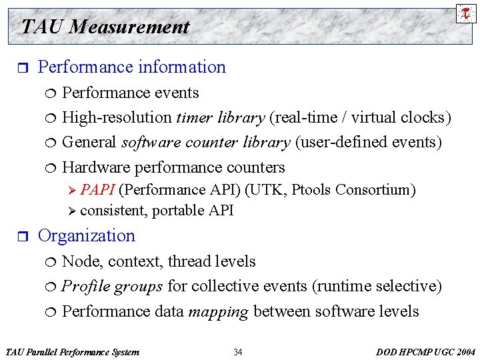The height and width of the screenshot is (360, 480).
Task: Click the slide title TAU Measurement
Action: [x=105, y=27]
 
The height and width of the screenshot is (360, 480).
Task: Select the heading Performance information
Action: [x=132, y=67]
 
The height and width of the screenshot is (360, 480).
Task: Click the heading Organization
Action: [x=87, y=236]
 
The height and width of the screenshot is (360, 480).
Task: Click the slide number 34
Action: [x=238, y=352]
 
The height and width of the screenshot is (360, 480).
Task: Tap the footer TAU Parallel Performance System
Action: [x=72, y=352]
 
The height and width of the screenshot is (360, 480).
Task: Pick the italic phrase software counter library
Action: [x=205, y=143]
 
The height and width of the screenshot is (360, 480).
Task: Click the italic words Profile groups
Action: [x=112, y=287]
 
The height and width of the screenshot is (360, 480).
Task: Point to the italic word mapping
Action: [x=222, y=312]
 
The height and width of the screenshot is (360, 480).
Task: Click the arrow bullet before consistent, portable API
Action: [x=73, y=211]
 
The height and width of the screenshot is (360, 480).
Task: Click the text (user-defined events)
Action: [x=369, y=143]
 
